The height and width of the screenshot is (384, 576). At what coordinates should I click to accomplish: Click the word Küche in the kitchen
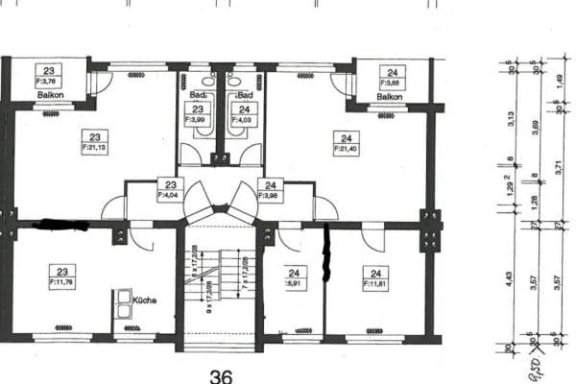pos(144,300)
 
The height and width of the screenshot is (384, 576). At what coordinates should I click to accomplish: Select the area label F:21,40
pos(345,149)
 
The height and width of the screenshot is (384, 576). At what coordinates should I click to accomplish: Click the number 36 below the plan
pos(222,375)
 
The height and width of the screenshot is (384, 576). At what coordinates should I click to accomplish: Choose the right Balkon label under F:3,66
pos(389,97)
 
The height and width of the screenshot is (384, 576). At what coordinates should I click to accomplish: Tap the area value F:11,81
pos(372,284)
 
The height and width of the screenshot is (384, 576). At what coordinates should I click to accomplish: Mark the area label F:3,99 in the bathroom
pos(197,119)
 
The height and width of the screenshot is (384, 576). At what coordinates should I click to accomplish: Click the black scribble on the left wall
pos(60,225)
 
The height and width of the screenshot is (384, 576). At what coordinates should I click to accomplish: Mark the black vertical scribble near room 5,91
pos(325,253)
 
